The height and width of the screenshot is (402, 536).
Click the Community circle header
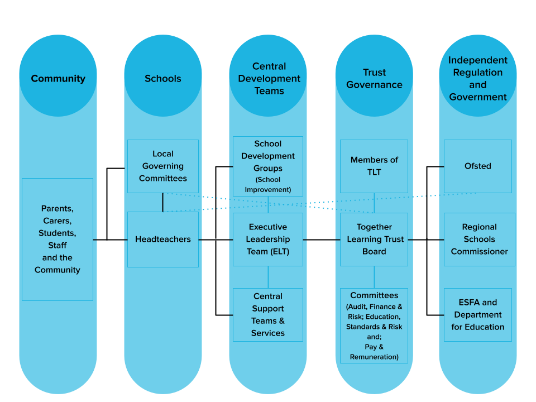click(58, 78)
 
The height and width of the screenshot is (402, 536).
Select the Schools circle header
click(163, 78)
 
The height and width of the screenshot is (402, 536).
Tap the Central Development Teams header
click(269, 78)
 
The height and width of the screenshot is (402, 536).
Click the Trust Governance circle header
click(374, 78)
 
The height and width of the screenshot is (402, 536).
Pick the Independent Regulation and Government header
click(478, 78)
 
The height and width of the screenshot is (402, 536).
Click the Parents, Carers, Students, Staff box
click(58, 239)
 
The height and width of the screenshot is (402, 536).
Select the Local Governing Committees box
click(163, 166)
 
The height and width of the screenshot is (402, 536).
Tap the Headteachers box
click(163, 239)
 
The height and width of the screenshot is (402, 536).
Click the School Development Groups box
click(268, 166)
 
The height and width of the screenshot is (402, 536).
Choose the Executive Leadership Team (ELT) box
click(268, 239)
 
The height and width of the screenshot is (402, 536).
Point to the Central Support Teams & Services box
click(268, 314)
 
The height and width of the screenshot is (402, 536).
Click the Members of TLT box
click(374, 166)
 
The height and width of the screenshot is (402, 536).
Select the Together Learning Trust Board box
click(374, 239)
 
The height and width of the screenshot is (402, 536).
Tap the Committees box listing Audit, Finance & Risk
click(374, 325)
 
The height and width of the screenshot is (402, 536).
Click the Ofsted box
click(478, 166)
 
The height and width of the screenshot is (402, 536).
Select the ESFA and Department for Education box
click(478, 314)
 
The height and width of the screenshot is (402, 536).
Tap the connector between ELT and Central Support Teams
click(268, 277)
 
